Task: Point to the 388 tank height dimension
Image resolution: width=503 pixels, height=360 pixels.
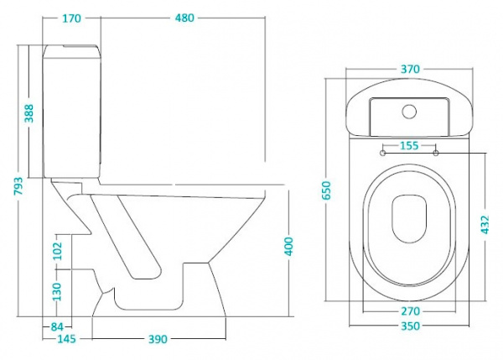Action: click(30, 112)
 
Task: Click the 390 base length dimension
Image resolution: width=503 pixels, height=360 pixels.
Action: click(158, 338)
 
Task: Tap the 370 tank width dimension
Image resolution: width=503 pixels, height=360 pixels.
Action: click(409, 70)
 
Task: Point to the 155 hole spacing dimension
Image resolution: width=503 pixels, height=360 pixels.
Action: click(409, 145)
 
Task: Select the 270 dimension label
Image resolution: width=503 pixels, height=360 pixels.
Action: click(409, 311)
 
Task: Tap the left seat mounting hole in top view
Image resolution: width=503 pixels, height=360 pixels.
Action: click(384, 153)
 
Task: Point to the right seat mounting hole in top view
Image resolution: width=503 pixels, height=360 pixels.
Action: click(436, 153)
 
